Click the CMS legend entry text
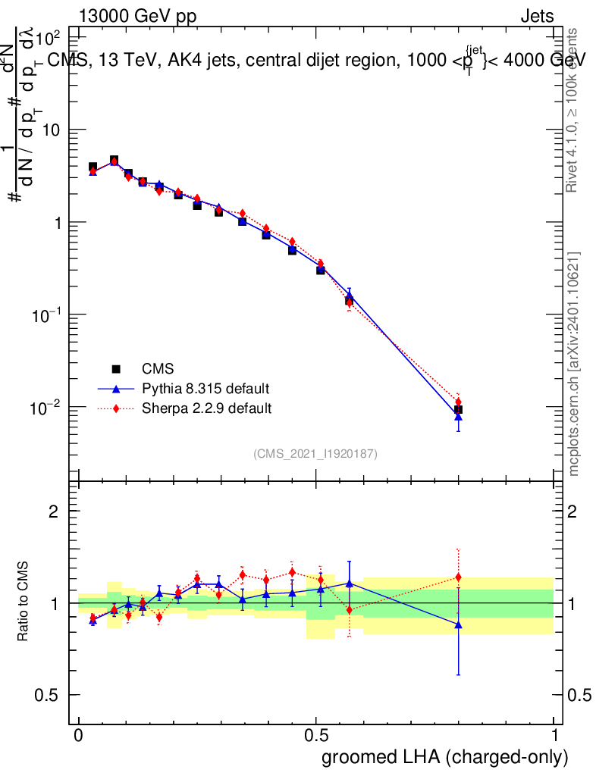coord(158,369)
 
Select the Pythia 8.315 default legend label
coord(205,389)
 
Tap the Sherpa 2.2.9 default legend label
coord(207,408)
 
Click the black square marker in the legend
coord(116,369)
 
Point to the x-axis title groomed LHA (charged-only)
coord(445,757)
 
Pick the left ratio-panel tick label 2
coord(53,512)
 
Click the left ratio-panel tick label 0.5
coord(47,695)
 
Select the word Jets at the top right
coord(536,17)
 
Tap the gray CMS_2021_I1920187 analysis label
coord(315,453)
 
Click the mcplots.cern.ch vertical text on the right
coord(574,364)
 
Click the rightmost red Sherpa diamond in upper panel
coord(458,402)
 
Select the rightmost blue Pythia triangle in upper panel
coord(458,416)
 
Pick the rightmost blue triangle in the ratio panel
coord(458,624)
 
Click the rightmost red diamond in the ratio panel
coord(458,577)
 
